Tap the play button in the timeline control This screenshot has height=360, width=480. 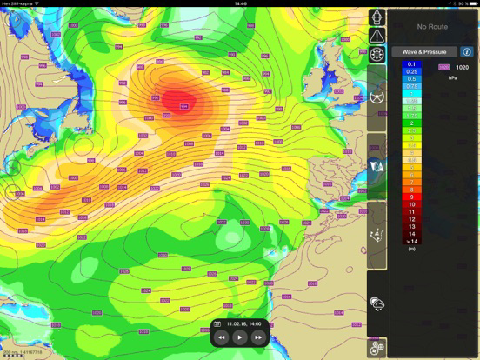(240, 336)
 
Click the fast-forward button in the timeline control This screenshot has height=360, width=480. (258, 336)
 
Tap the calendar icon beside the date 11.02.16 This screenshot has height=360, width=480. (221, 323)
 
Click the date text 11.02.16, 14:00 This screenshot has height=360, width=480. (243, 323)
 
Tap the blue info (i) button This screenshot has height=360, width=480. (468, 52)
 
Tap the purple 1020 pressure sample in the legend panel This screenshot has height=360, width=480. (444, 66)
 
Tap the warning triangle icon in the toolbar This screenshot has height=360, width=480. (377, 36)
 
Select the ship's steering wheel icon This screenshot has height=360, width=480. (377, 54)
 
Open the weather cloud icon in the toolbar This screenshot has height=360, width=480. (377, 304)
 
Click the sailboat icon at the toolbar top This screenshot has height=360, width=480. (377, 17)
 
